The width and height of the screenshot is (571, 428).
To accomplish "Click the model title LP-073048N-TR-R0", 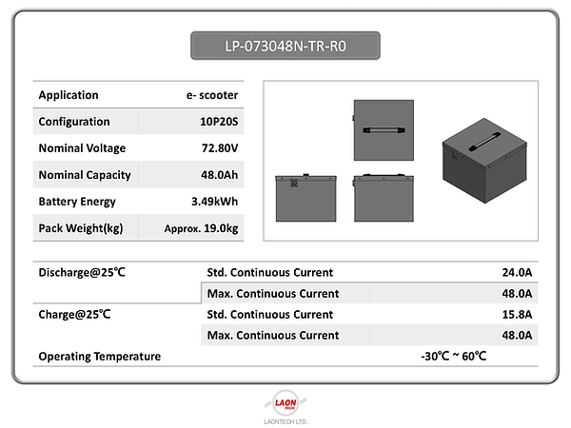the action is click(285, 45).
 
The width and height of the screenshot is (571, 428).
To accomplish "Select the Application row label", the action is click(68, 95).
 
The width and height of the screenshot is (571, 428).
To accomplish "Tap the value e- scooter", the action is click(212, 95).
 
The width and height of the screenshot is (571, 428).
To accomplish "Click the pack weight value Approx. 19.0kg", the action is click(201, 228).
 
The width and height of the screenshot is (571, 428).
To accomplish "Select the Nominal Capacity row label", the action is click(84, 175).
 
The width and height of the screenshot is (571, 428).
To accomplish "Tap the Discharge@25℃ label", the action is click(82, 273).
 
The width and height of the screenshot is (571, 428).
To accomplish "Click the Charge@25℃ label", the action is click(75, 314).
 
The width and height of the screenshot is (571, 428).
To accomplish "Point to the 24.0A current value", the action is click(517, 273).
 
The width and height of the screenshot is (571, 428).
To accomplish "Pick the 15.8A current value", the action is click(517, 314).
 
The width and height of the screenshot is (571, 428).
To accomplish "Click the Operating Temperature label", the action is click(99, 356).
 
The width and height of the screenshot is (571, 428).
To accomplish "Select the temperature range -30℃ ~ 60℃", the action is click(453, 356).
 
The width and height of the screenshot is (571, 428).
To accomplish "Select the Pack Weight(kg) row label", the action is click(80, 228).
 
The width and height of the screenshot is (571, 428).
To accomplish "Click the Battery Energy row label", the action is click(77, 202).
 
